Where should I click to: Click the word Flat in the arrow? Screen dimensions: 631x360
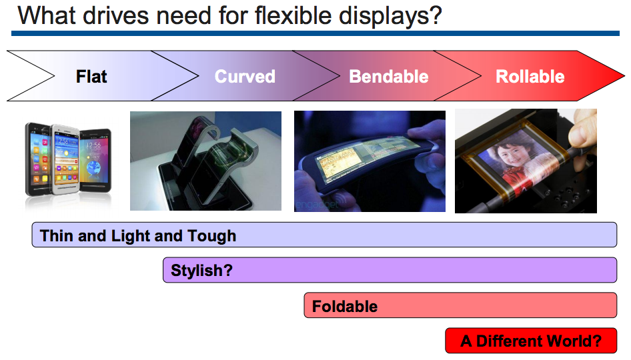[x=91, y=77]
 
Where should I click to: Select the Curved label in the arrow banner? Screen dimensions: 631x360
[x=245, y=77]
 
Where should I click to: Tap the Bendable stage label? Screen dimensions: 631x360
[x=389, y=77]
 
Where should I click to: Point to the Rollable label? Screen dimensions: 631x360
[x=530, y=77]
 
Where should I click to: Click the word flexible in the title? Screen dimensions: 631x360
[x=293, y=16]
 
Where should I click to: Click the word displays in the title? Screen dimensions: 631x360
[x=390, y=17]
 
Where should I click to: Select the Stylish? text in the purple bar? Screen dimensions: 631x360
[x=201, y=270]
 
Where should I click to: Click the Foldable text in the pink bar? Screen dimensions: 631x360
[x=345, y=307]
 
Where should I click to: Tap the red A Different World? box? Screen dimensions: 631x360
[x=531, y=341]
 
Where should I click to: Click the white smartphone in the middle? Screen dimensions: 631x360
[x=66, y=160]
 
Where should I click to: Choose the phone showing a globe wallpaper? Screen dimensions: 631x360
[x=95, y=160]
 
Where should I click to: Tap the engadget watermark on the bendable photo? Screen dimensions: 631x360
[x=318, y=204]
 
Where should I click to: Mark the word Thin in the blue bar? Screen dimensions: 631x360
[x=56, y=236]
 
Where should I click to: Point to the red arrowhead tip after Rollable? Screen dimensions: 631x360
[x=624, y=75]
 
